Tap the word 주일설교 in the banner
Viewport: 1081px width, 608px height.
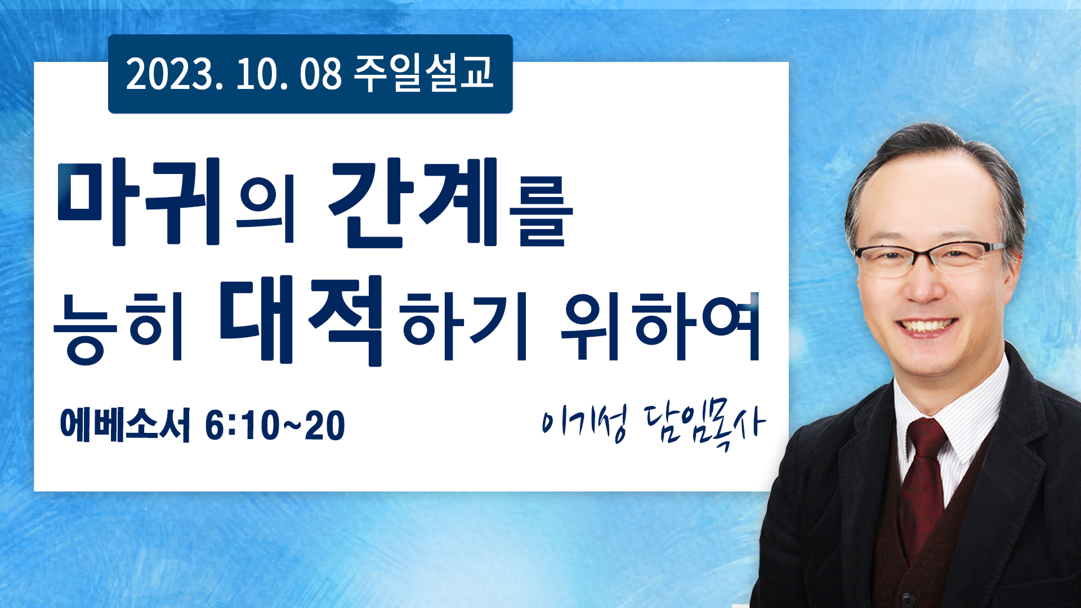pyautogui.click(x=423, y=74)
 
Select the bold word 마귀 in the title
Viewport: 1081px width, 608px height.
pyautogui.click(x=139, y=202)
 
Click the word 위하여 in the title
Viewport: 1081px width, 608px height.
pyautogui.click(x=660, y=327)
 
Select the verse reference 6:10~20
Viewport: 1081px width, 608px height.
pyautogui.click(x=275, y=425)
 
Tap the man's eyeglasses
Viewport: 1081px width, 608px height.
pyautogui.click(x=929, y=258)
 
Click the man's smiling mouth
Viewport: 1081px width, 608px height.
pyautogui.click(x=927, y=327)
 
